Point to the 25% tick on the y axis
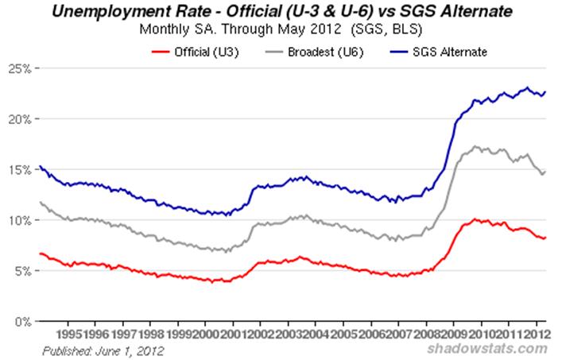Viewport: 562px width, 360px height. [20, 68]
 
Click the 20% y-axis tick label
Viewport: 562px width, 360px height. [20, 119]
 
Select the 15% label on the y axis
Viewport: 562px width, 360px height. [20, 170]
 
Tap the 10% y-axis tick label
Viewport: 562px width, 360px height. [20, 220]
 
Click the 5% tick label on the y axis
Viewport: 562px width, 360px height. [22, 271]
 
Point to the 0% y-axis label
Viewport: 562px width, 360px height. [22, 322]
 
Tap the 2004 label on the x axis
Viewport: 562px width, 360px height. [316, 335]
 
